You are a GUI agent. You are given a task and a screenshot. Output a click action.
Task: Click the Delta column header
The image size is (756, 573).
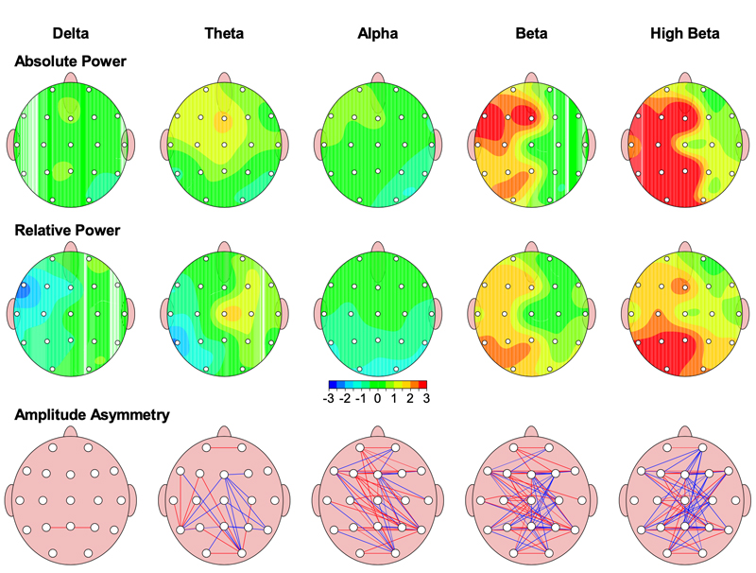point(70,33)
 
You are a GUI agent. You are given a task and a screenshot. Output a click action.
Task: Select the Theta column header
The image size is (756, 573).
point(224,33)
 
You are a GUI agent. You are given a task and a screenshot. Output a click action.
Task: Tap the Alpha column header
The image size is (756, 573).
point(377,33)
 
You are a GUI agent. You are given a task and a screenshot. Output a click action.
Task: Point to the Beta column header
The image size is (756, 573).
point(531,33)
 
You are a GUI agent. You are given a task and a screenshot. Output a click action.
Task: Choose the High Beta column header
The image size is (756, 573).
point(684,33)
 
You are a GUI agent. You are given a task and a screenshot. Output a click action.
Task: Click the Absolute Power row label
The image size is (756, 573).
point(70,61)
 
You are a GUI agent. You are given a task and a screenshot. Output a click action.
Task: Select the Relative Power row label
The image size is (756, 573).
point(67,230)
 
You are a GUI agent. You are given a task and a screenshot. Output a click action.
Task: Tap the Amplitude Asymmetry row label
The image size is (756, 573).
point(92,415)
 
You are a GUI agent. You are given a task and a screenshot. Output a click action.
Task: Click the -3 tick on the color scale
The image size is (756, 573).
point(329,398)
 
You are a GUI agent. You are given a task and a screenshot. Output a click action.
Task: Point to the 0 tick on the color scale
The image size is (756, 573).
point(377,398)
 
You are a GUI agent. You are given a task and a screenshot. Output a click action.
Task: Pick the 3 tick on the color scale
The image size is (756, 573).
point(426,398)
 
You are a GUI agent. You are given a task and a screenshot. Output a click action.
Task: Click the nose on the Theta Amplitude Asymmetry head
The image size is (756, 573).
point(224,432)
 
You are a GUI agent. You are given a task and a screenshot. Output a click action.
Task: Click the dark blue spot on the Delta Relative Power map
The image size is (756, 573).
point(23,291)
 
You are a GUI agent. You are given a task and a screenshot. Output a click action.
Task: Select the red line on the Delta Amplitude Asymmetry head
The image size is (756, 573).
point(59,528)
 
